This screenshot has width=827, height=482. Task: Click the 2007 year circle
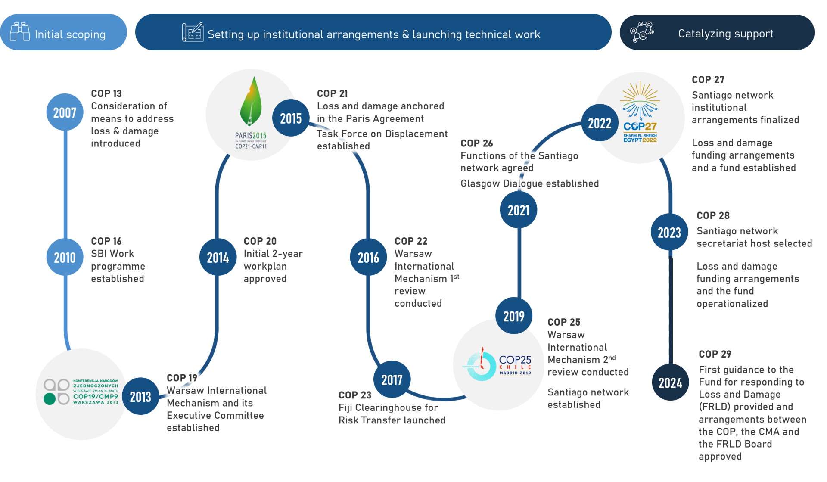click(65, 112)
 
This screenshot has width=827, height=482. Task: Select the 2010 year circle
click(65, 257)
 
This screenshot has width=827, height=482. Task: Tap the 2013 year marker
click(140, 396)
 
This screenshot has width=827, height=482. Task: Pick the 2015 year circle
click(291, 118)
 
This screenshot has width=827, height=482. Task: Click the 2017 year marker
click(392, 379)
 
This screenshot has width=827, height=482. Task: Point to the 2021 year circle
click(518, 210)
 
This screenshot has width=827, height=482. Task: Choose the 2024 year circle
click(670, 382)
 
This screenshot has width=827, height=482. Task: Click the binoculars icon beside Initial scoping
click(20, 32)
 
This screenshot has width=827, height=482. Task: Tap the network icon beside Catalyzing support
click(641, 32)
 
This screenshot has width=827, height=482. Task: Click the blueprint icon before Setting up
click(193, 32)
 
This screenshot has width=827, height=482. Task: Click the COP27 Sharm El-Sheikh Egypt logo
click(640, 113)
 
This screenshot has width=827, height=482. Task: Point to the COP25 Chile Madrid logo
click(499, 365)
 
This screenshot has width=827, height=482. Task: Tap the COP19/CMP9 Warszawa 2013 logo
click(81, 392)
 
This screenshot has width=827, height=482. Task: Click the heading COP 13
click(106, 93)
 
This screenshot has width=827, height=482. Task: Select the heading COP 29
click(715, 354)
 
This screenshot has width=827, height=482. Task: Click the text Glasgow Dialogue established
click(529, 183)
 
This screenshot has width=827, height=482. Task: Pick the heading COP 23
click(354, 395)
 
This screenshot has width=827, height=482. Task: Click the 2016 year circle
click(368, 257)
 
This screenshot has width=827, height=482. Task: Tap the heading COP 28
click(713, 215)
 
